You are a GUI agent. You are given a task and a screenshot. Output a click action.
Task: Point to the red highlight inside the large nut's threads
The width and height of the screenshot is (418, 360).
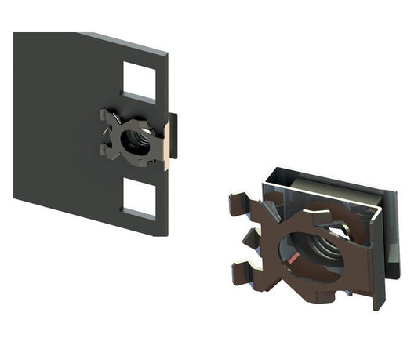(292, 259)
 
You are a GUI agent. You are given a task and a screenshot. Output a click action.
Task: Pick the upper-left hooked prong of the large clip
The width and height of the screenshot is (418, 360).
(239, 203)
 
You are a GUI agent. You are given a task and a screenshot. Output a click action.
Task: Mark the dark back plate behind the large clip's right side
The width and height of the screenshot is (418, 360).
(393, 235)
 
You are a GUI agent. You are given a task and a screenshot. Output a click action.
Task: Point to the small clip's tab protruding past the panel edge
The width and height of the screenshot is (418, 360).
(173, 135)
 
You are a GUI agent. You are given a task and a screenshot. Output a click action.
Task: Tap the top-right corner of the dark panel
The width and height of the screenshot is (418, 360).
(167, 56)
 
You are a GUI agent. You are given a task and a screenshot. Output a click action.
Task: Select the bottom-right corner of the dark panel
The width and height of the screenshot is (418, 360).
(167, 235)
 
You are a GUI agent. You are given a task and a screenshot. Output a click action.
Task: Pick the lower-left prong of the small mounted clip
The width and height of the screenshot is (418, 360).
(108, 152)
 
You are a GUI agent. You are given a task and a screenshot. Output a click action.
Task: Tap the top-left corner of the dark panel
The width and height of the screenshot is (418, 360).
(15, 33)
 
